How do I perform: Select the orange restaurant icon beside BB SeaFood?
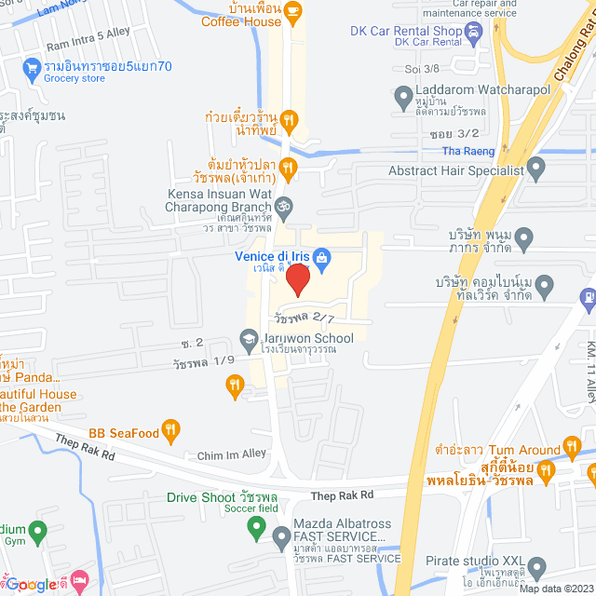[x=169, y=430]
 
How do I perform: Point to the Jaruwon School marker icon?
[x=249, y=339]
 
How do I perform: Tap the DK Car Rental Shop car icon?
[x=475, y=31]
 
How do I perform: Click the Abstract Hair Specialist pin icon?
[x=535, y=169]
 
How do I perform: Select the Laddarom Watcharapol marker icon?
[x=403, y=95]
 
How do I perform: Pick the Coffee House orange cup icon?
[x=293, y=12]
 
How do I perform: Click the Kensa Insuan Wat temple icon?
[x=286, y=204]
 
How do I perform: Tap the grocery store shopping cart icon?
[x=32, y=67]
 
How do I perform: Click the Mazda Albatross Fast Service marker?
[x=281, y=537]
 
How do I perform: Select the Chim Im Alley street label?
[x=232, y=455]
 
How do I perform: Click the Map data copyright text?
[x=553, y=589]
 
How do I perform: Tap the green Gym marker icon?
[x=38, y=533]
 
